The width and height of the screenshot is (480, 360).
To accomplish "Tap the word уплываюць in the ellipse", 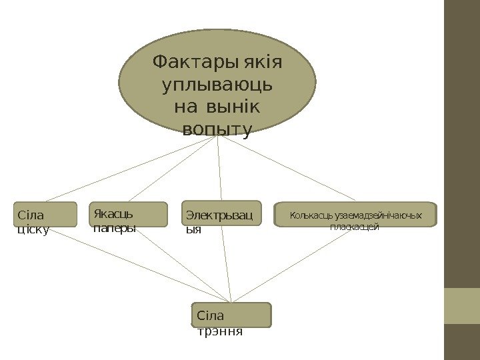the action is [x=217, y=85].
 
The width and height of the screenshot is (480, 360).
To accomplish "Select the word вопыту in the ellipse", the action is [x=217, y=129].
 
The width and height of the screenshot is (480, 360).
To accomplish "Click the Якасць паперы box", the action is [x=128, y=215].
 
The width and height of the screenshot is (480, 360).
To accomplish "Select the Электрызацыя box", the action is [x=222, y=214].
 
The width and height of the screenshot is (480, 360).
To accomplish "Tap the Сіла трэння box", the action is [x=231, y=315].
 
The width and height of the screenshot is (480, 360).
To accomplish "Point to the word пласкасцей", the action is [x=355, y=227].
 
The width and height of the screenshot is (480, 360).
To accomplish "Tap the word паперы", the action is [x=115, y=228].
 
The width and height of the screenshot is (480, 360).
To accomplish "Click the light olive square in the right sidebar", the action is [x=462, y=305].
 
